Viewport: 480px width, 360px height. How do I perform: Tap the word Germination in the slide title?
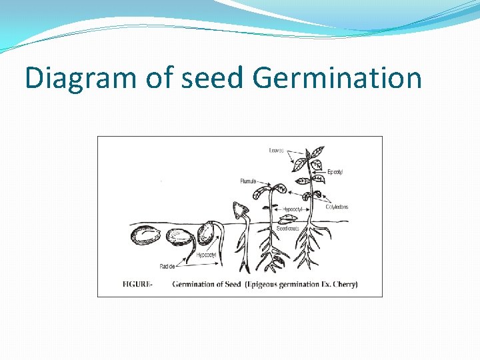[x=337, y=78]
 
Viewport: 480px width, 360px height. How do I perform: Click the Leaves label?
[x=276, y=151]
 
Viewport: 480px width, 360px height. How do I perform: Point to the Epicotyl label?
[x=335, y=172]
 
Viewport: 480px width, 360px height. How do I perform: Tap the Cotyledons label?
[x=337, y=207]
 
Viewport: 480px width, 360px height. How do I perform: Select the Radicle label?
[x=168, y=266]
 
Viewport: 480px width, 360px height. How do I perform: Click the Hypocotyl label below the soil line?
[x=206, y=255]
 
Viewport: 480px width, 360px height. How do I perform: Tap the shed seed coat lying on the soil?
[x=291, y=219]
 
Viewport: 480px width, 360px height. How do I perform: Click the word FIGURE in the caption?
[x=137, y=284]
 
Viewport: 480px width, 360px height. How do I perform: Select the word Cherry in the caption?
[x=345, y=284]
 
